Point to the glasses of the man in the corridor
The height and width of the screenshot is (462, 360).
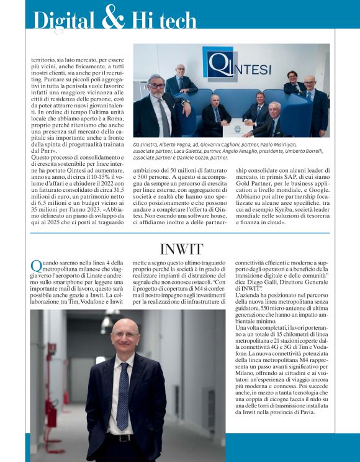[125, 335]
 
